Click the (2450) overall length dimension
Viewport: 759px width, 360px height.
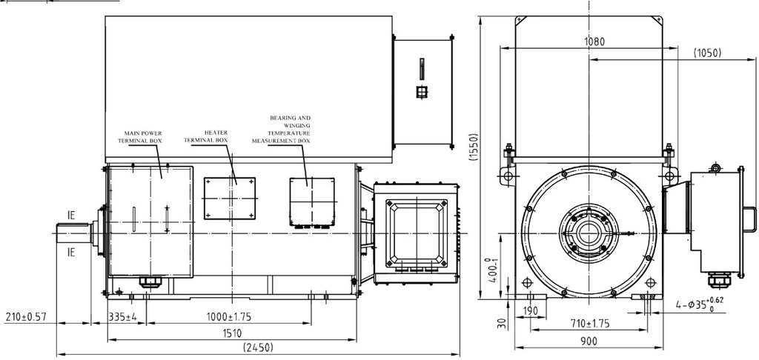(258, 347)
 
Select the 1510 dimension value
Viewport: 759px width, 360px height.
(232, 333)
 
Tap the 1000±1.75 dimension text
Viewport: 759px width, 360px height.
(228, 317)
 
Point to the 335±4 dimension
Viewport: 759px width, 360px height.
(122, 317)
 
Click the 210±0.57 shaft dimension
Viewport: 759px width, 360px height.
(24, 317)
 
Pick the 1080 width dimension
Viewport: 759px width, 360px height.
(594, 41)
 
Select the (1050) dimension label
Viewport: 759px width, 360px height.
(707, 53)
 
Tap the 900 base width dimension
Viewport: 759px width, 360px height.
(589, 341)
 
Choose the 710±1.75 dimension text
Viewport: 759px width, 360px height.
(589, 324)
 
